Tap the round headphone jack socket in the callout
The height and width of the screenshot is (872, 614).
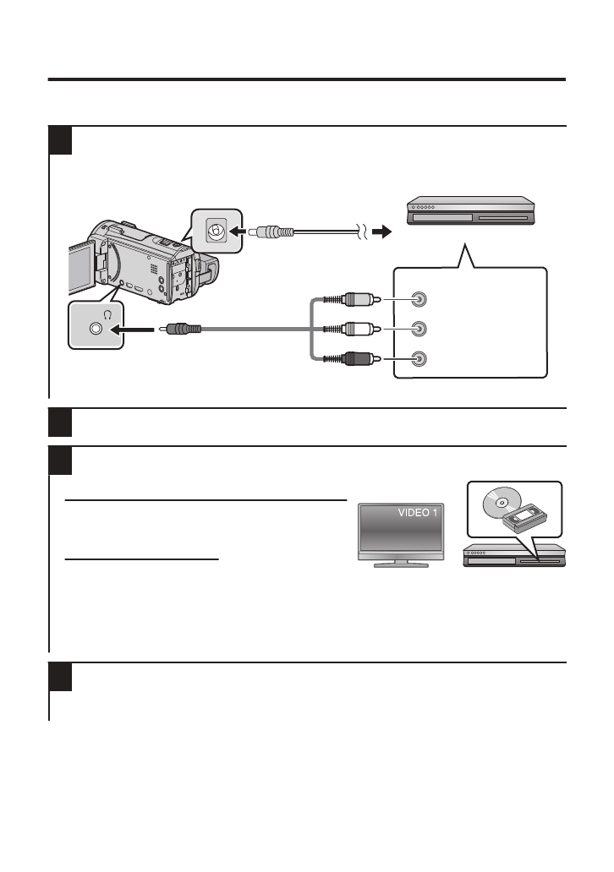pos(96,329)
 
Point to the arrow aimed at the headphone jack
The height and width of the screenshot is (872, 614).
pos(140,329)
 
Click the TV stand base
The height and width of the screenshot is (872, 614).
pos(393,563)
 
